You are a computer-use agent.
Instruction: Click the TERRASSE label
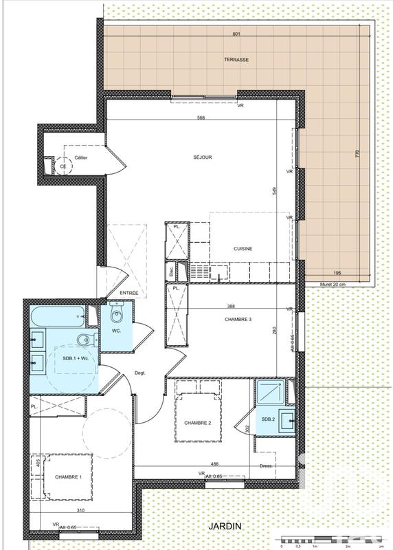pos(236,60)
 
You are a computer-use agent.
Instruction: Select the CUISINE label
pos(243,249)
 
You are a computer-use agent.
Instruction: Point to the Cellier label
pos(81,157)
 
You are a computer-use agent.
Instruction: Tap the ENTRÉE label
pos(129,294)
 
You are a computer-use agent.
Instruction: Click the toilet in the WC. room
pos(115,316)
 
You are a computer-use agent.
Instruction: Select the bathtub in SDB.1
pos(57,317)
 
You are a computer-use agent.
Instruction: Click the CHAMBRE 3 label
pos(238,320)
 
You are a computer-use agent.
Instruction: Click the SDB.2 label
pos(268,419)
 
